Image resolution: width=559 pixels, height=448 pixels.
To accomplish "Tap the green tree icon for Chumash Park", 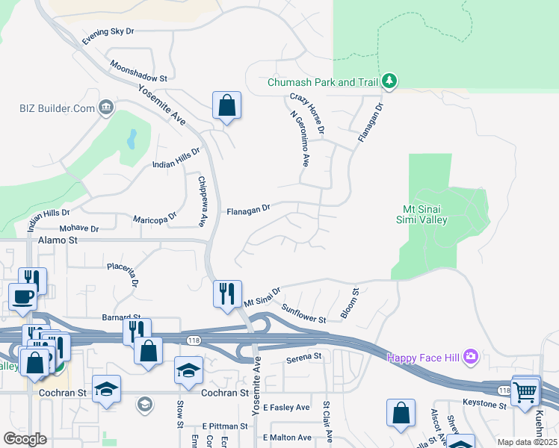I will click(389, 81).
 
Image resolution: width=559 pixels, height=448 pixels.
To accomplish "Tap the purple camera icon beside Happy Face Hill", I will click(470, 356).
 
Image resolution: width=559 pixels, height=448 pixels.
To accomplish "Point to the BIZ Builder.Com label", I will click(57, 108).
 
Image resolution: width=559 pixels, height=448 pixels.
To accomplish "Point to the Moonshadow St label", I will click(138, 72).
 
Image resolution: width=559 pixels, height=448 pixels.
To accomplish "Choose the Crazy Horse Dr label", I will click(307, 114).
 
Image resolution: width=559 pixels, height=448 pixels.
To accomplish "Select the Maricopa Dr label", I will click(155, 218).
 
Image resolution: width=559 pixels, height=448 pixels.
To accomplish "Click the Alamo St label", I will click(58, 240).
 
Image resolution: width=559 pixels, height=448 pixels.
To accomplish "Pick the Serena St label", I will click(303, 358).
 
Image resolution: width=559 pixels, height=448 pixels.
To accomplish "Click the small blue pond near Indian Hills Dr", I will click(132, 138).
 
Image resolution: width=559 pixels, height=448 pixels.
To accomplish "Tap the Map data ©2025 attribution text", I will click(527, 442).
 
